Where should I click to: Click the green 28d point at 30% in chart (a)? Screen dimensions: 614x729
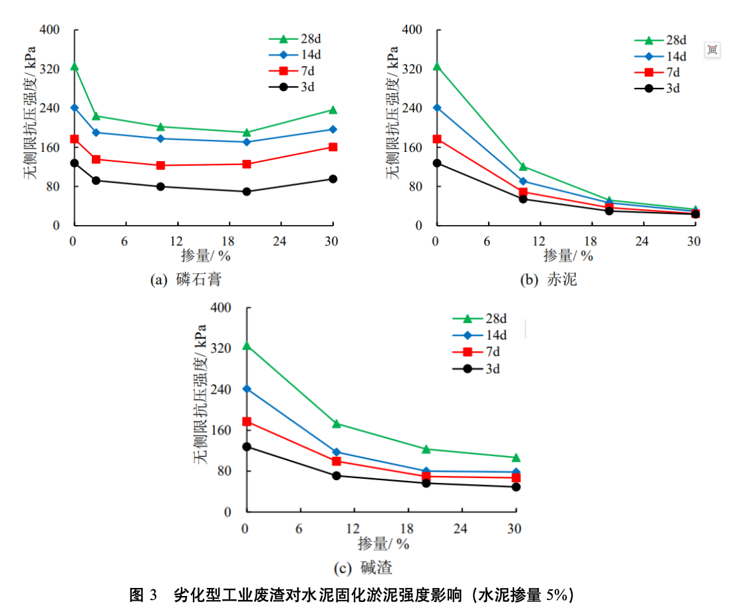point(333,110)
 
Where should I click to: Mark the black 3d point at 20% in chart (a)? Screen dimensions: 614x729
point(247,192)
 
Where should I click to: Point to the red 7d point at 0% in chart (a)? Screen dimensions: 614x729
point(74,139)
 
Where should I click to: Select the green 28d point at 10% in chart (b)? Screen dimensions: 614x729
point(523,166)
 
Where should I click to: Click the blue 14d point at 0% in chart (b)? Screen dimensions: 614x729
point(437,107)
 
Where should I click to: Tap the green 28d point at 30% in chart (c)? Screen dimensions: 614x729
point(515,458)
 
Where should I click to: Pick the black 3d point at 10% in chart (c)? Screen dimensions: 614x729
point(337,475)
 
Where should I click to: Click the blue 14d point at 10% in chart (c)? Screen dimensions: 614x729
point(337,452)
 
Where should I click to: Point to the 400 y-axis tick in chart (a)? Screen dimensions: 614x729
point(51,30)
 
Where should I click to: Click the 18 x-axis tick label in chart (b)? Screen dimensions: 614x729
point(591,241)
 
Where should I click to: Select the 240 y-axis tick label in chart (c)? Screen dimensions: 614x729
point(225,390)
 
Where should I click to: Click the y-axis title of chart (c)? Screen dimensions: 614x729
point(200,394)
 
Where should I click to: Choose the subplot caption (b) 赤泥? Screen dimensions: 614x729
point(547,280)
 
